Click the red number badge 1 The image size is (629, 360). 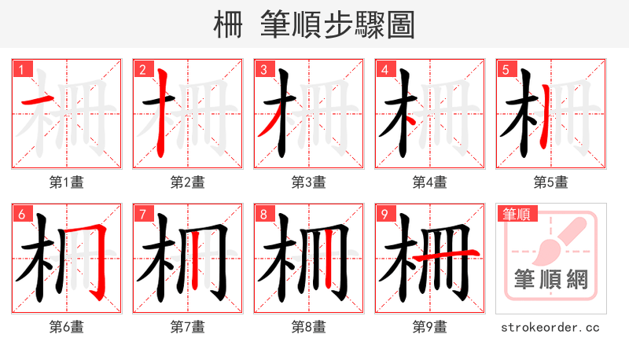pos(20,70)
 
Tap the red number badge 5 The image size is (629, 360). pos(505,70)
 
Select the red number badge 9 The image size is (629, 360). pos(384,215)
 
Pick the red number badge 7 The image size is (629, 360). pos(142,215)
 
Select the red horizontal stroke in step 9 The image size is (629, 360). pos(445,255)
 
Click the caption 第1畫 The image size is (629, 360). pos(67,182)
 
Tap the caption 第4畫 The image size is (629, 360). pos(430,182)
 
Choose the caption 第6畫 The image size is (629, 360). pos(67,327)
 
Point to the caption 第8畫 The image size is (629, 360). pos(309,327)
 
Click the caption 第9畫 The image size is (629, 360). pos(430,327)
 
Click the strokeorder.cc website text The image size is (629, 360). pos(551,327)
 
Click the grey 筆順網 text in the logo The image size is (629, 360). pos(551,280)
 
